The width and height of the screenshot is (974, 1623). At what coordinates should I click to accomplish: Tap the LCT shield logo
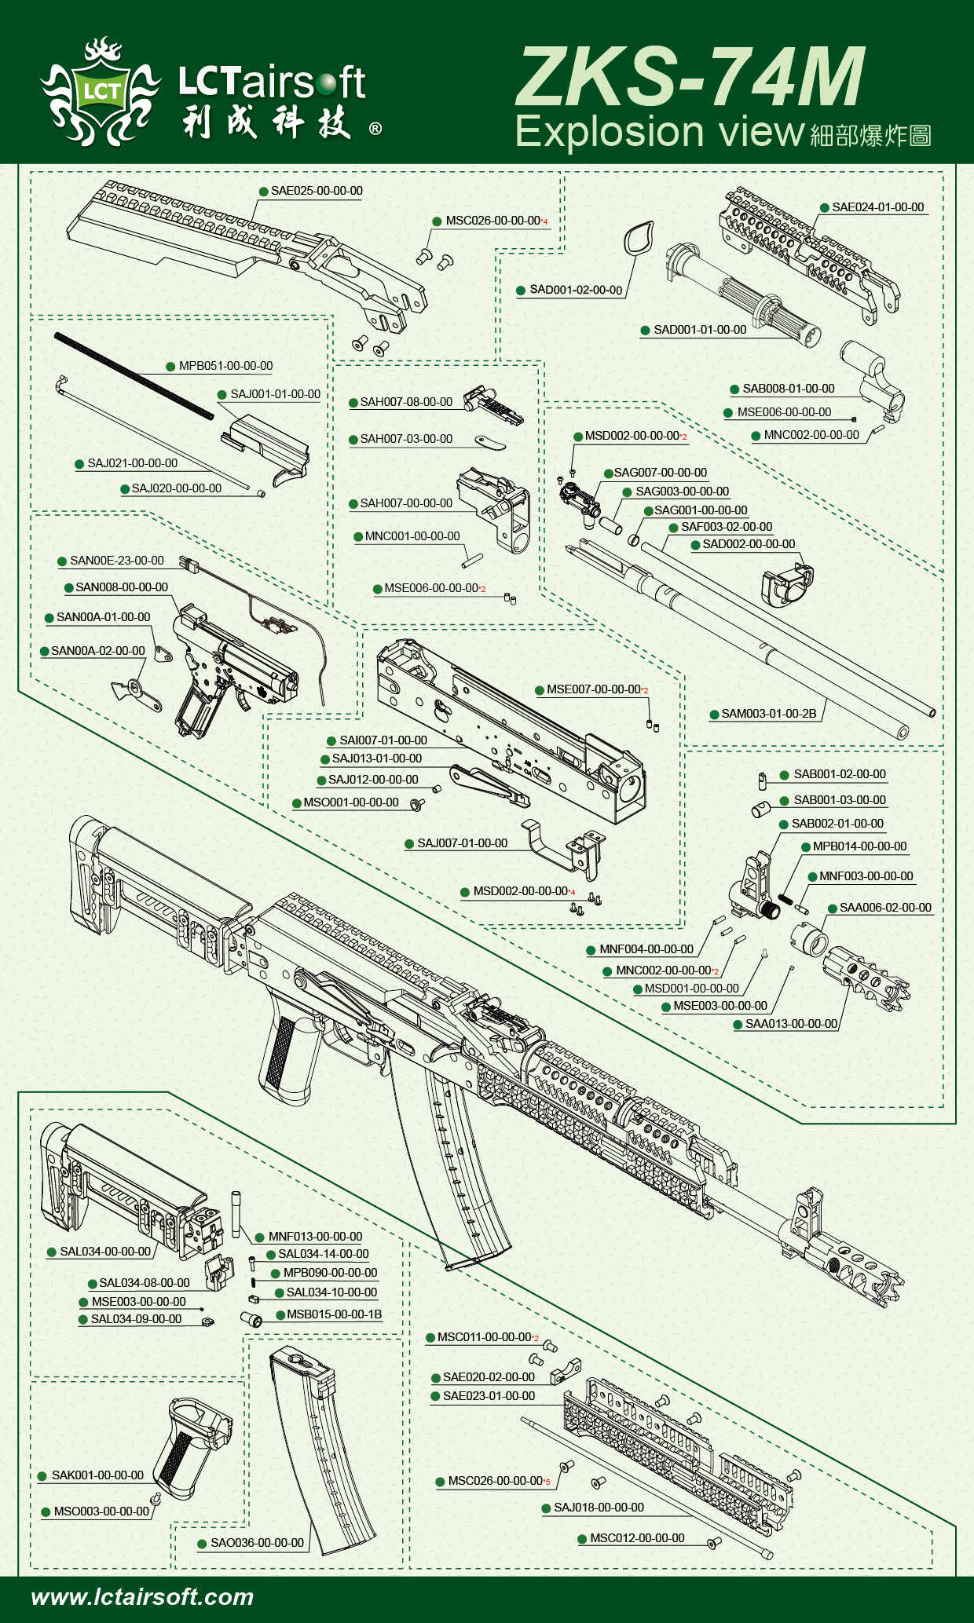101,93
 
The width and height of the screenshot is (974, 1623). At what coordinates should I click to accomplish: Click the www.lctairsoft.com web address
142,1596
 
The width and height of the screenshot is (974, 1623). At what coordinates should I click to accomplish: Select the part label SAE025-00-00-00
317,191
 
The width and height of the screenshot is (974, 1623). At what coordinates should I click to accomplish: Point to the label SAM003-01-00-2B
768,714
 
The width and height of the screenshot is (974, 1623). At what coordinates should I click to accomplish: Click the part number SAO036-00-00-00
257,1542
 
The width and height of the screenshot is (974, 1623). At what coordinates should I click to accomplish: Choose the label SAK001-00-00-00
97,1475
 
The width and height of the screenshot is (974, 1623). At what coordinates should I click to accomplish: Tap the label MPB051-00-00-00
225,366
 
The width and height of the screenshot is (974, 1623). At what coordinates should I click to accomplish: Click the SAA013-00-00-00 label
791,1024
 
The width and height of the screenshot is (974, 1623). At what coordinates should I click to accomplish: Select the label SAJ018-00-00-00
599,1507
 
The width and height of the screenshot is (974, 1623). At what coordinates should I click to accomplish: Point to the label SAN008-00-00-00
122,587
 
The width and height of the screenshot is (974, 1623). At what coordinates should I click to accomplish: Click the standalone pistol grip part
191,1445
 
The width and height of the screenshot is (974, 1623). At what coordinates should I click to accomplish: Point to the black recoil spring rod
134,375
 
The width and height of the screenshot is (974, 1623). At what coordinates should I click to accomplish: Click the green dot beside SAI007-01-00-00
331,740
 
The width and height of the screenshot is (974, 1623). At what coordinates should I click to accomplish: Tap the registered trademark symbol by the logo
375,128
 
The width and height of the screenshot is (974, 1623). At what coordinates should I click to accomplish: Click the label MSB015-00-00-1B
334,1314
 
